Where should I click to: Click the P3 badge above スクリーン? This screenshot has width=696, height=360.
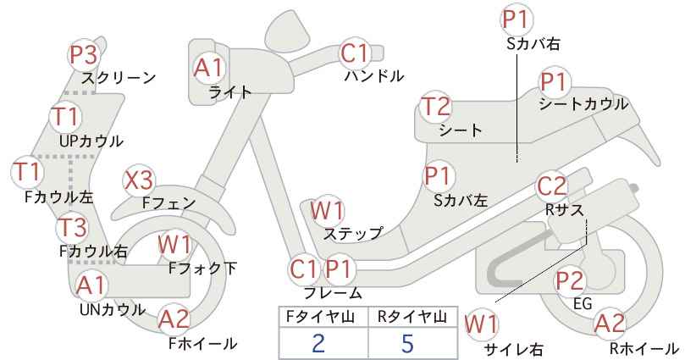[x=84, y=56]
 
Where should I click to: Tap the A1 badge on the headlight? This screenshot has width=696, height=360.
[x=208, y=68]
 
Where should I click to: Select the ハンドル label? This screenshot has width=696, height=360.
[x=374, y=76]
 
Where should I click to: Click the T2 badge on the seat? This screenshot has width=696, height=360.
[x=436, y=107]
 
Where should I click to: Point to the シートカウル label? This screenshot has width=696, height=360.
[x=583, y=104]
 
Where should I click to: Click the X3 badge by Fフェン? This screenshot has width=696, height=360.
[x=139, y=180]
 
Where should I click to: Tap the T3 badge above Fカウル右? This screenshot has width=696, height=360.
[x=72, y=227]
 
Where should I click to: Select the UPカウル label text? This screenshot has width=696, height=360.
[x=91, y=141]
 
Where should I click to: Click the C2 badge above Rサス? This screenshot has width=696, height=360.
[x=552, y=186]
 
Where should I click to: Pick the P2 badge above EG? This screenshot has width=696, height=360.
[x=570, y=280]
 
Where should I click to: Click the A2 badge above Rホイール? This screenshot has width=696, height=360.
[x=610, y=324]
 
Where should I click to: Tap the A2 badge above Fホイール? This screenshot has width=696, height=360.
[x=174, y=319]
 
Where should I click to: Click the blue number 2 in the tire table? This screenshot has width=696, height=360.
[x=318, y=343]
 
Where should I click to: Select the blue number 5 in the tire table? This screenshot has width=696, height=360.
[x=407, y=343]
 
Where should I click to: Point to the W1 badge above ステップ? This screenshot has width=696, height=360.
[x=327, y=210]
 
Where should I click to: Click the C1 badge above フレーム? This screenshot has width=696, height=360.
[x=304, y=269]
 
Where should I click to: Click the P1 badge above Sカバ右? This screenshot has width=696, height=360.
[x=517, y=19]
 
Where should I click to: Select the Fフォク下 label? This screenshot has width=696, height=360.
[x=202, y=269]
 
